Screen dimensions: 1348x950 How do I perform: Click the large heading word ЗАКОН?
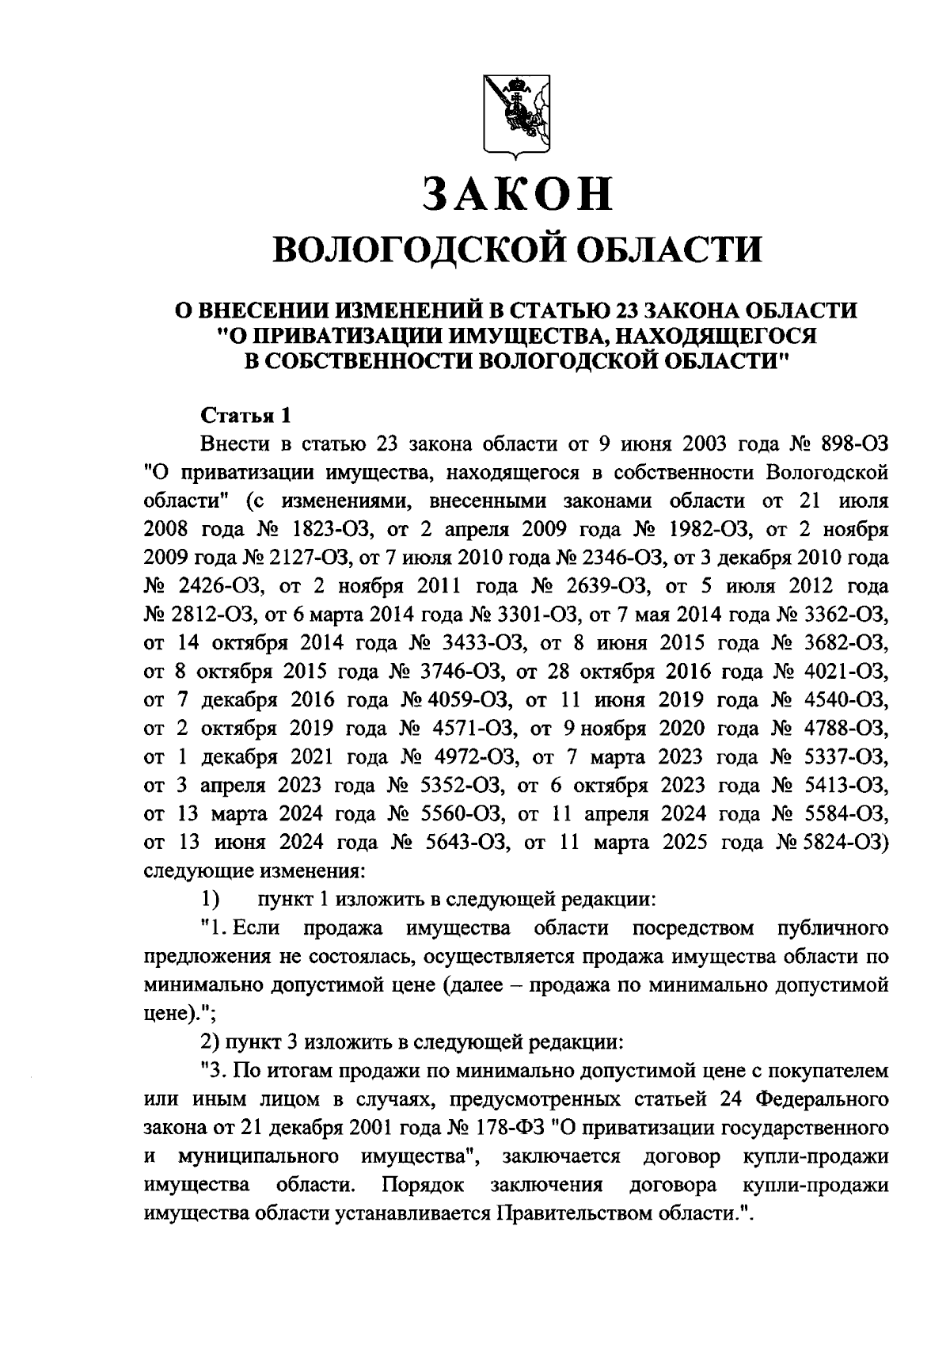tap(516, 194)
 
